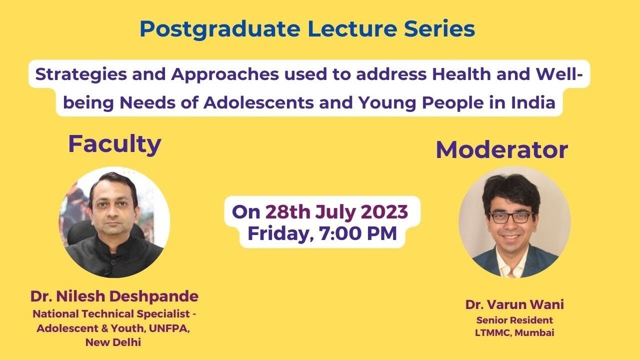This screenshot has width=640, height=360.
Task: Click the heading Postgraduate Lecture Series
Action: point(307,29)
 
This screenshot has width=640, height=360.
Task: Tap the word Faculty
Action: point(114,144)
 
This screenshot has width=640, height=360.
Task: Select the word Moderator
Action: point(501,149)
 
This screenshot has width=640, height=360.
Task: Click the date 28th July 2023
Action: point(336,212)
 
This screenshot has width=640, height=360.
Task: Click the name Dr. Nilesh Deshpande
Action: point(114,296)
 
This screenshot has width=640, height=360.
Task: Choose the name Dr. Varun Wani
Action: point(514,304)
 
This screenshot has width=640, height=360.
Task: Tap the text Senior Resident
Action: point(514,320)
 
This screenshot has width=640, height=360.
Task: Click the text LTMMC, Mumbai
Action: point(514,332)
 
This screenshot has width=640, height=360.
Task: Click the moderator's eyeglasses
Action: point(510,217)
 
